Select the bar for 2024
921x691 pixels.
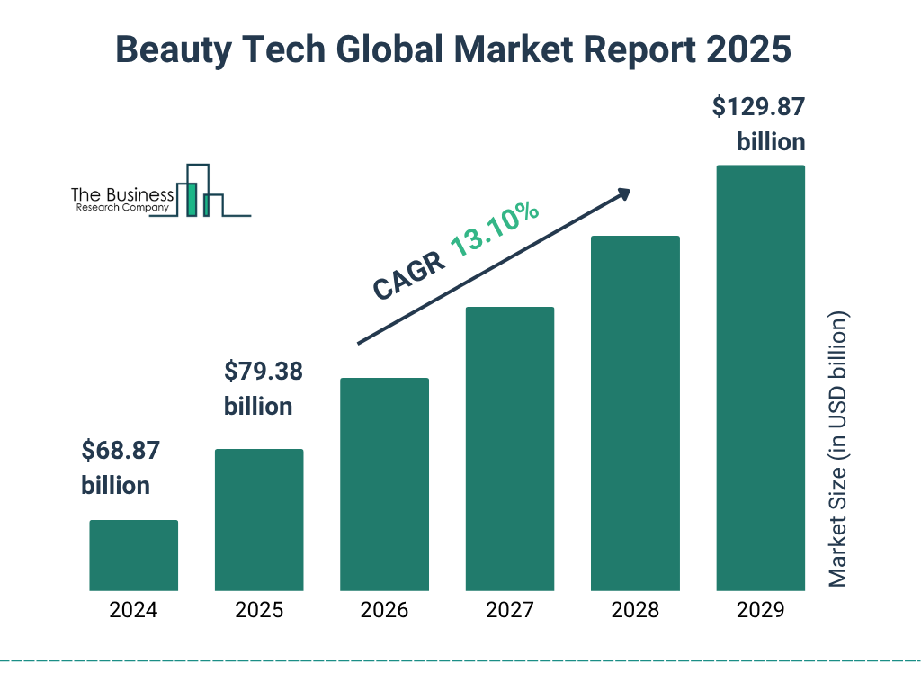point(133,555)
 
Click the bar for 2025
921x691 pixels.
point(259,519)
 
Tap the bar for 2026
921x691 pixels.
point(384,484)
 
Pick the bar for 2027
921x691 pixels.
point(509,448)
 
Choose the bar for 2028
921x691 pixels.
point(635,413)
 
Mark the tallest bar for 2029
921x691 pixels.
point(760,378)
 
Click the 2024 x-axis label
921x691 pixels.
point(133,610)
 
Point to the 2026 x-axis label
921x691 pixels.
point(384,610)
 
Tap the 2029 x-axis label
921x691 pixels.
point(760,610)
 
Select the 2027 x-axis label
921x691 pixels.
point(509,610)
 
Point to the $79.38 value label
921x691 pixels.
point(263,371)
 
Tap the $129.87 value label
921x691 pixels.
point(758,107)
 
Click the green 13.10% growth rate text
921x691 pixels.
point(495,230)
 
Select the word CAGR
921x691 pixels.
point(408,276)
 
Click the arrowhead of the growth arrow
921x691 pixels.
point(622,193)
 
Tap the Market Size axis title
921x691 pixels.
point(838,450)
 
